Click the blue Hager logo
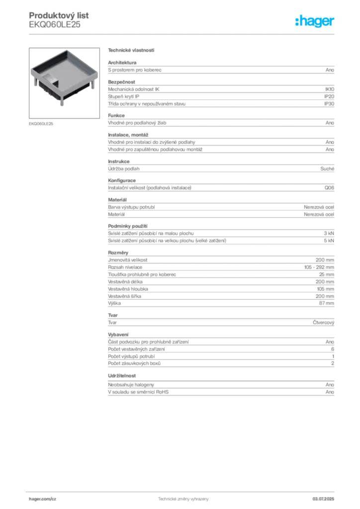[315, 21]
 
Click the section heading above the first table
[131, 51]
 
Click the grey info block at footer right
[326, 497]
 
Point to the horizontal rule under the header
[182, 34]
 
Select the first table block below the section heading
[221, 69]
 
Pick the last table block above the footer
[221, 389]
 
